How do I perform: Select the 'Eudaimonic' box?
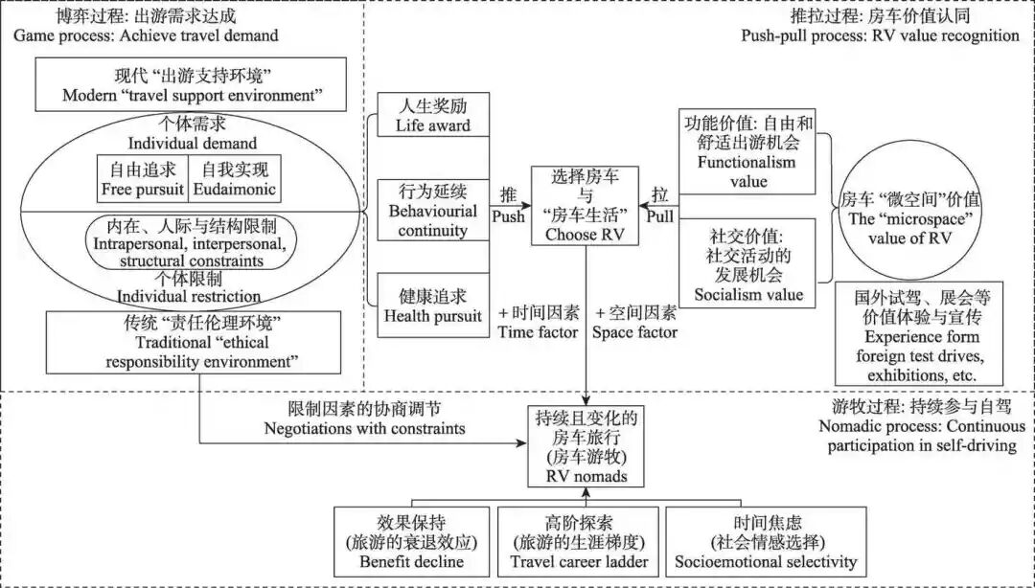click(235, 178)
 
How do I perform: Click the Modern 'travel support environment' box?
click(191, 85)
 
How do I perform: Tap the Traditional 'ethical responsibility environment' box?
click(193, 342)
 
